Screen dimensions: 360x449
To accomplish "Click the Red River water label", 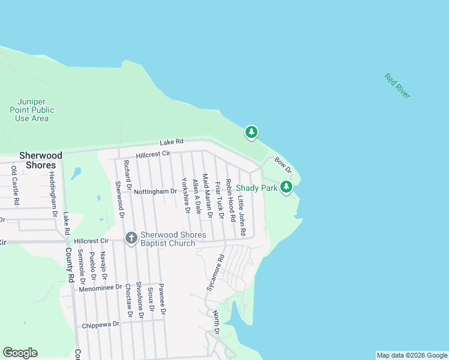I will [x=397, y=86].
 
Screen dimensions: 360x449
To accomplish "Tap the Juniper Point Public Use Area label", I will [x=32, y=110].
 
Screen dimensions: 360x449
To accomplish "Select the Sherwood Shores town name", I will [x=37, y=160].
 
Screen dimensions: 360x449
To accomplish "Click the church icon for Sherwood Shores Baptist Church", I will [x=131, y=238].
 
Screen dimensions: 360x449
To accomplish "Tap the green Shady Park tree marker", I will [x=287, y=187].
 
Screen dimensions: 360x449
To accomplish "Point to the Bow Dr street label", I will [x=282, y=163].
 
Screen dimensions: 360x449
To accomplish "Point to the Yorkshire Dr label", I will [x=185, y=194].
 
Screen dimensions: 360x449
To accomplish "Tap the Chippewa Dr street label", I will [x=100, y=324].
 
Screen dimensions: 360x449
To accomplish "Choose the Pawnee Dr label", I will [x=162, y=299].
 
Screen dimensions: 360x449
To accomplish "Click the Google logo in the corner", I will [x=20, y=352].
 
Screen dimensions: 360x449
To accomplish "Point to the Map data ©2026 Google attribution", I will [x=411, y=355].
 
